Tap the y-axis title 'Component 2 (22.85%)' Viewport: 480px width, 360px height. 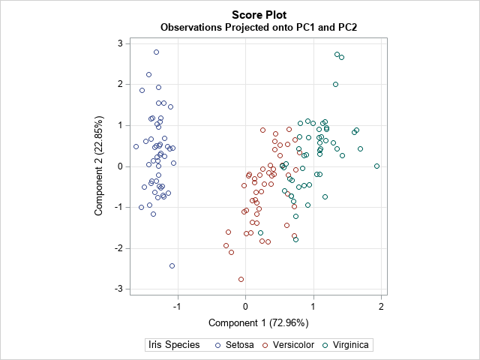(x=99, y=166)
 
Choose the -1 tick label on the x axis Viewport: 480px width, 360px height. (x=176, y=306)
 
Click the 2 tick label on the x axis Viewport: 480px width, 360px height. (x=382, y=306)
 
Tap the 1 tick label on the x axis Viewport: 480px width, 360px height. (x=313, y=306)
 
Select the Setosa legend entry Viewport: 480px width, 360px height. (x=235, y=346)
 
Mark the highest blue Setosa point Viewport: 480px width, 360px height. (x=156, y=52)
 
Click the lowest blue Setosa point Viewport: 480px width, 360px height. (x=172, y=265)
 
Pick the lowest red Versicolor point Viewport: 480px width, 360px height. (x=241, y=279)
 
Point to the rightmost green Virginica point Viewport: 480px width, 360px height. (x=376, y=166)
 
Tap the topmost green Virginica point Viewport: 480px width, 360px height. (x=337, y=54)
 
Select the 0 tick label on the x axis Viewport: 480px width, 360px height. (x=245, y=306)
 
